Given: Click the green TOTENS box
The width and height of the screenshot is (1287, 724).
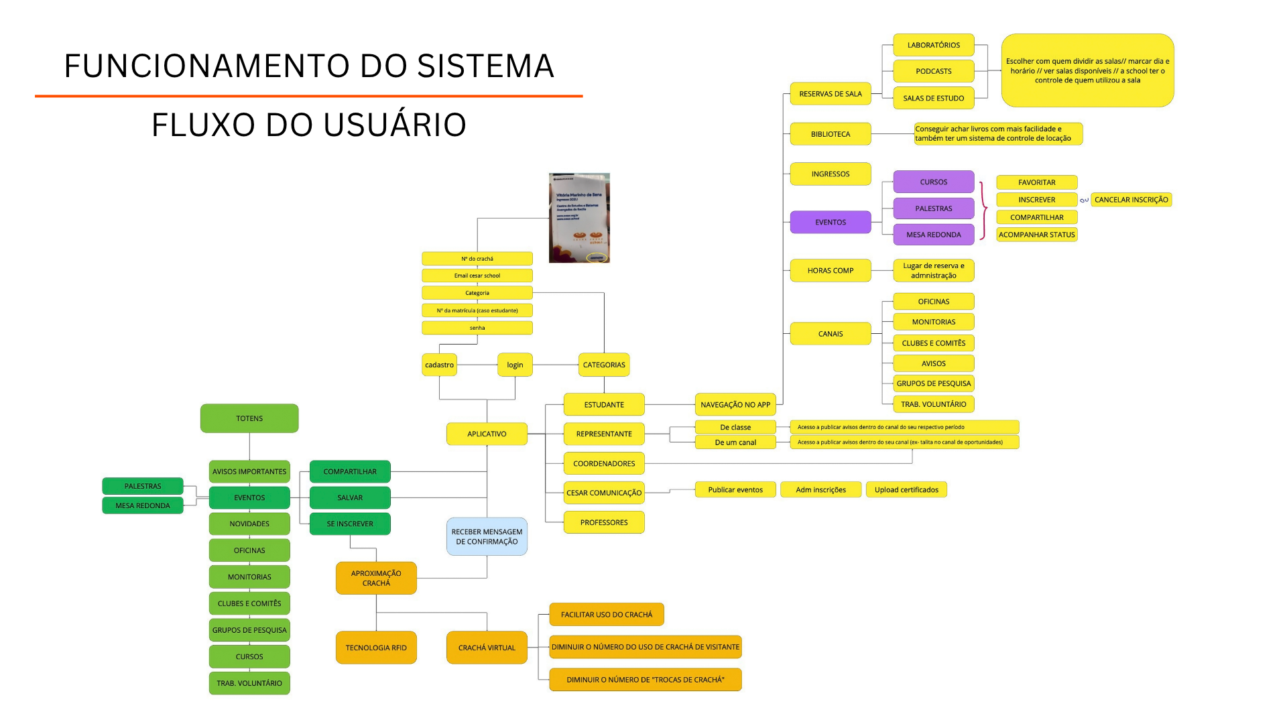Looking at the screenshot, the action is pyautogui.click(x=249, y=418).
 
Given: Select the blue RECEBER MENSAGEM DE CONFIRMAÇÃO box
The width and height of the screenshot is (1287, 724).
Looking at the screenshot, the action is pyautogui.click(x=487, y=536).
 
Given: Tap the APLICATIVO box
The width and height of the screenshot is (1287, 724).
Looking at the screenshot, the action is pyautogui.click(x=487, y=434).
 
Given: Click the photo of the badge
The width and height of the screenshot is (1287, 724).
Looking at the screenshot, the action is pyautogui.click(x=579, y=218).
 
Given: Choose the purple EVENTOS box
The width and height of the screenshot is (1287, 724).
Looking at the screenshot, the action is pyautogui.click(x=830, y=222).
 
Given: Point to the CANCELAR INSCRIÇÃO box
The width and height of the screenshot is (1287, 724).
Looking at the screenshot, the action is pyautogui.click(x=1131, y=200).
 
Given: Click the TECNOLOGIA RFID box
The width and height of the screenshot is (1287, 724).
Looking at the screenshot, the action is pyautogui.click(x=376, y=648).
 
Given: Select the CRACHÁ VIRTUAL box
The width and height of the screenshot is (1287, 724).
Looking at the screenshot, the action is pyautogui.click(x=487, y=648).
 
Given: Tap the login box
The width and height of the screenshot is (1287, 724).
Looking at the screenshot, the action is pyautogui.click(x=515, y=365).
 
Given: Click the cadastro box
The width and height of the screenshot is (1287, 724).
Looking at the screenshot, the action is pyautogui.click(x=439, y=365).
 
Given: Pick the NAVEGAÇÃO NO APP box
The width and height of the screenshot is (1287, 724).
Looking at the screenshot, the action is pyautogui.click(x=735, y=404).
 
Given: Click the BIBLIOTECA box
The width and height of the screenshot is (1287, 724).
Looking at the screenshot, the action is pyautogui.click(x=830, y=134).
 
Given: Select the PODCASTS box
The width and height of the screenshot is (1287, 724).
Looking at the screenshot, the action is pyautogui.click(x=933, y=71).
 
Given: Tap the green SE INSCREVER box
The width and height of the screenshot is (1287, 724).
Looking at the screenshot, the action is pyautogui.click(x=350, y=524).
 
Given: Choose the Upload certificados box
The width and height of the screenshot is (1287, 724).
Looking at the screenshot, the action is pyautogui.click(x=906, y=489).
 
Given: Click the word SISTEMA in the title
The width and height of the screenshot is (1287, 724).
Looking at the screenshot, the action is pyautogui.click(x=485, y=66).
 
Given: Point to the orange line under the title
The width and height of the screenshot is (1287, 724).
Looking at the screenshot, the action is pyautogui.click(x=308, y=96).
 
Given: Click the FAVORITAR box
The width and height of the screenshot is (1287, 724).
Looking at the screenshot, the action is pyautogui.click(x=1036, y=182).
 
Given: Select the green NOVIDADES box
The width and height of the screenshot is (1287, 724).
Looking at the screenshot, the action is pyautogui.click(x=249, y=524).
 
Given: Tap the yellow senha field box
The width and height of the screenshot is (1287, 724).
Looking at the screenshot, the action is pyautogui.click(x=477, y=328).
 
